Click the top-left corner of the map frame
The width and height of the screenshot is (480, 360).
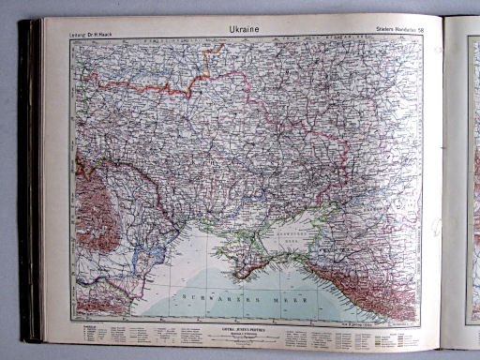tap(71, 39)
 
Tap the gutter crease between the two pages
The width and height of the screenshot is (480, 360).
tap(442, 178)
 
